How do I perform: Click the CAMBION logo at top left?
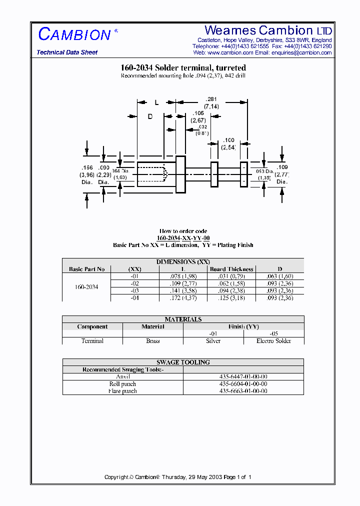[x=75, y=34]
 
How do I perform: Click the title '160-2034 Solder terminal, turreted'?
[x=183, y=67]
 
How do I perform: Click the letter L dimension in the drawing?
[x=156, y=102]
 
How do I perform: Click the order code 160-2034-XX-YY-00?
[x=183, y=238]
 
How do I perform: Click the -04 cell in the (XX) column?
[x=134, y=297]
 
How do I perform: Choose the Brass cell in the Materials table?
[x=152, y=340]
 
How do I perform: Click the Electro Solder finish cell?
[x=273, y=340]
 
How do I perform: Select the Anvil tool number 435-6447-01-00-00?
[x=243, y=376]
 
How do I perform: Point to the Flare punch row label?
[x=122, y=391]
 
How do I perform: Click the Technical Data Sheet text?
[x=67, y=52]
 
